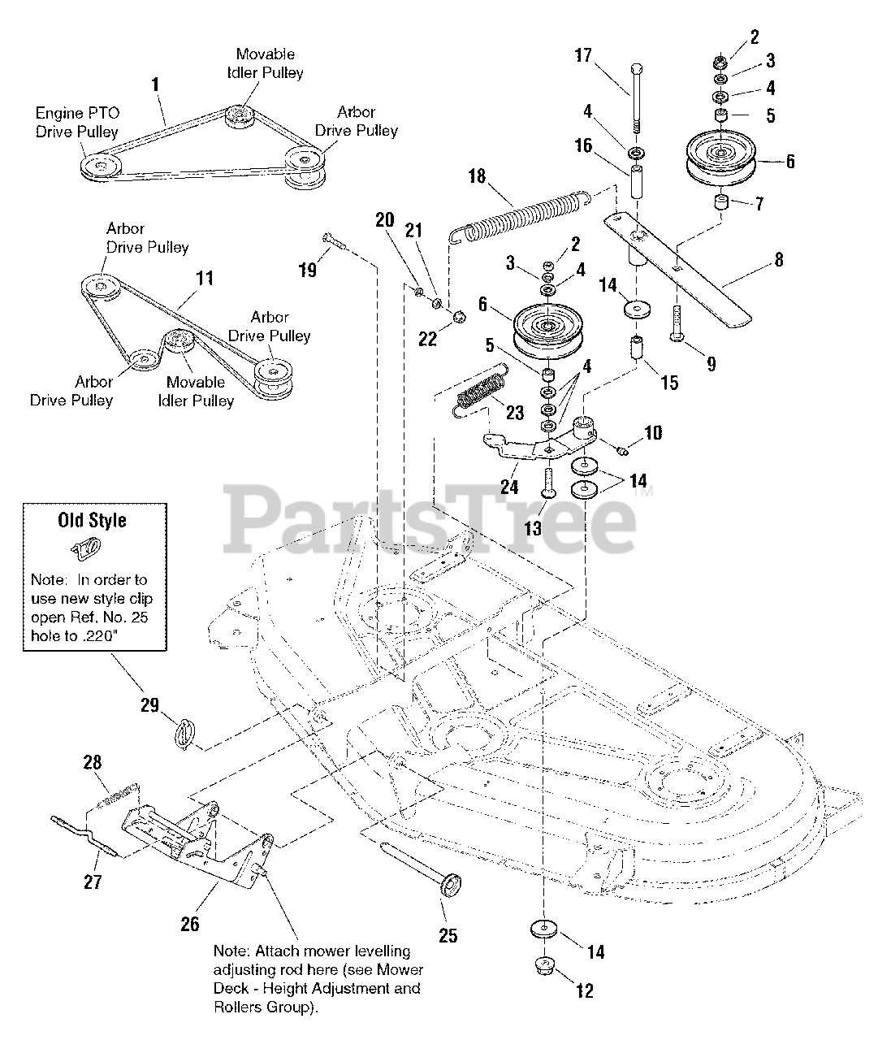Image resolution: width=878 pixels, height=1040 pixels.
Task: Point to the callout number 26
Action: (x=189, y=924)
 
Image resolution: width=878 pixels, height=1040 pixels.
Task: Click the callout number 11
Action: (x=205, y=279)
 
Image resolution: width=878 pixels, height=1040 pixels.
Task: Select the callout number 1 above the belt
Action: (x=155, y=84)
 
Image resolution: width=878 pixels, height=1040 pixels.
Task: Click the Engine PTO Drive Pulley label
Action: (x=76, y=122)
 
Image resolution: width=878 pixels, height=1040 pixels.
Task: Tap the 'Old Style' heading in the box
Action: (x=92, y=519)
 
